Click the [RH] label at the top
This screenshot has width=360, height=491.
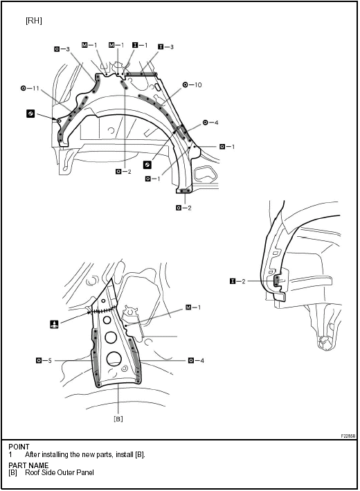33,21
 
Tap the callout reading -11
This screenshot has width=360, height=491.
30,89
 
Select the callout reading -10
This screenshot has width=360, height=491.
192,85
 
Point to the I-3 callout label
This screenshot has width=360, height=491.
165,46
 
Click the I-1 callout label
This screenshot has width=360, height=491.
140,45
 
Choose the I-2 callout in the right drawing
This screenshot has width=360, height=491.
237,281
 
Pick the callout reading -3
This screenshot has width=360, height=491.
62,49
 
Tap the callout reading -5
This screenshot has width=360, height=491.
44,360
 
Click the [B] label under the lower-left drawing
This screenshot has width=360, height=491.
118,419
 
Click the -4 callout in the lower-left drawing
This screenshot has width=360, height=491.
197,360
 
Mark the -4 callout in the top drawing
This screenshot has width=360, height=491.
210,123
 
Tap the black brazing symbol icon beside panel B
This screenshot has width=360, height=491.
55,324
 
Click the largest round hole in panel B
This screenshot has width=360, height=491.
114,359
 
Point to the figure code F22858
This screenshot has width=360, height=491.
348,436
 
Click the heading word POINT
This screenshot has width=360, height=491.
19,447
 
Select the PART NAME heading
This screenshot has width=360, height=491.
28,465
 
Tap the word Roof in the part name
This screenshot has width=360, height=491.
32,472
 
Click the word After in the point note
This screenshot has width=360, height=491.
33,454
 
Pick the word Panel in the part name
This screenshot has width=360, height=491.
85,472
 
